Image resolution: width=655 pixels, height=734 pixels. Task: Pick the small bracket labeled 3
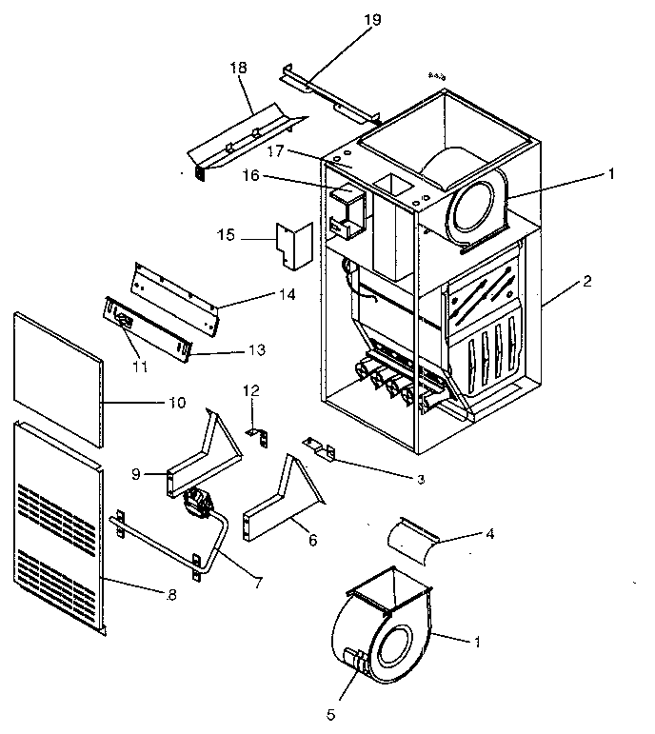click(x=321, y=446)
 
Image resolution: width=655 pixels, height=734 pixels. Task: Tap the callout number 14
click(x=287, y=295)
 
